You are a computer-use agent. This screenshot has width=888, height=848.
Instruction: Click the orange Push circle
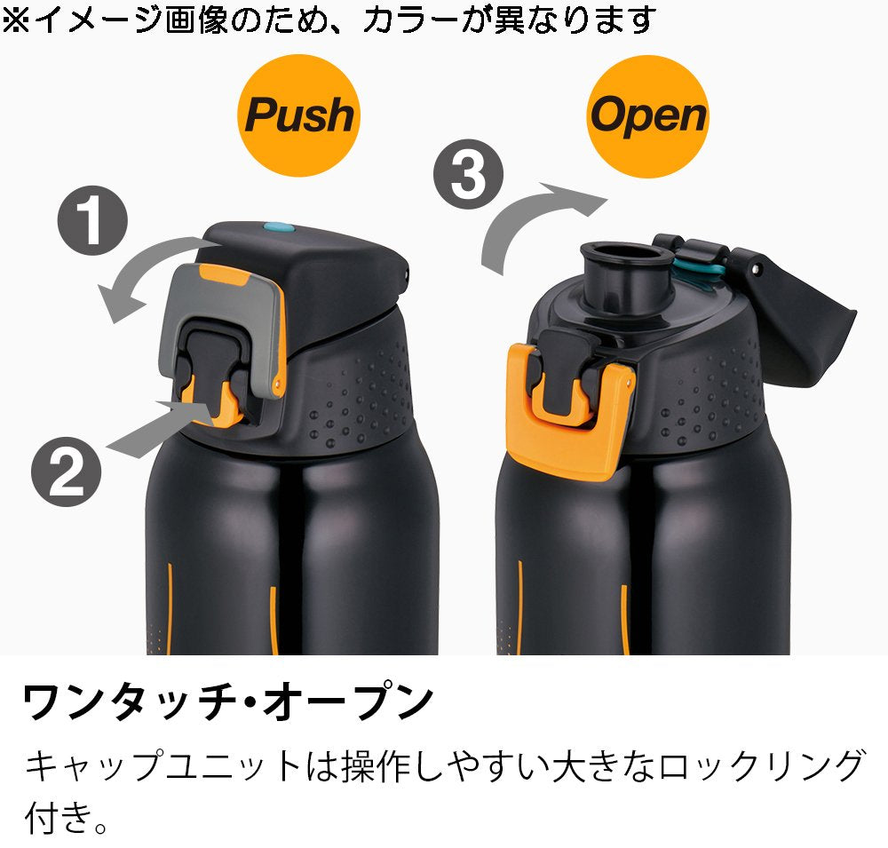(x=298, y=115)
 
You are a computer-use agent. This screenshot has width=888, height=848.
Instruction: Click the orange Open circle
(x=648, y=116)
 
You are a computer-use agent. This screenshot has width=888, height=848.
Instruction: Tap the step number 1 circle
(x=93, y=220)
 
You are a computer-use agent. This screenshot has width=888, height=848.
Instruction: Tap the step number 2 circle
(x=67, y=472)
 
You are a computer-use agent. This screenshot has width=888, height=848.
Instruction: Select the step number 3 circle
(x=468, y=174)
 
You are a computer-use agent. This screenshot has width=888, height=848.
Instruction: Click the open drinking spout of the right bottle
(x=624, y=272)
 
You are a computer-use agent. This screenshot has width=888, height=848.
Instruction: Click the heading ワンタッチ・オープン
(x=227, y=701)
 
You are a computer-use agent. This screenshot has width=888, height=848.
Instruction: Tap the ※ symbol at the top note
(x=16, y=20)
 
